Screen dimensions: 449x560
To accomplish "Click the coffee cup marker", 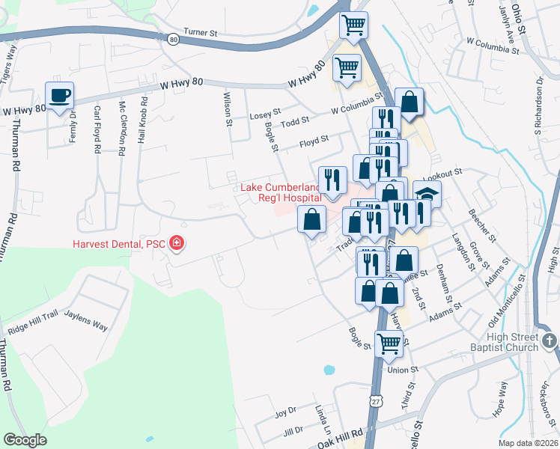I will click(59, 95).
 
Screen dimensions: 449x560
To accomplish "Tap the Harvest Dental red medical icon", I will click(177, 243).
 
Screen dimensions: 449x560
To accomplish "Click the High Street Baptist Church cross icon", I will click(550, 341).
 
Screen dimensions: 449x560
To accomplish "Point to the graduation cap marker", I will click(427, 194).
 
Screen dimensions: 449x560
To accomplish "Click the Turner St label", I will click(200, 33).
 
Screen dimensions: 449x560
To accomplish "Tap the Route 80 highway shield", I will click(173, 38).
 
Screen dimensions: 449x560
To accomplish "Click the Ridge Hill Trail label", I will click(31, 328).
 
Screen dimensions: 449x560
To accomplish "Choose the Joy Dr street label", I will click(285, 412).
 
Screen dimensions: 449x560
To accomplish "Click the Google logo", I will click(25, 440).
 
